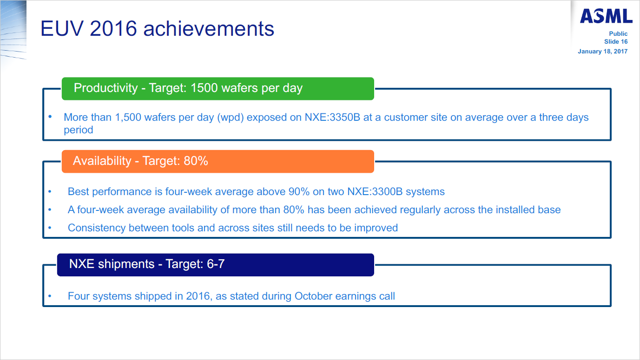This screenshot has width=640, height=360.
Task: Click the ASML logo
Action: [606, 16]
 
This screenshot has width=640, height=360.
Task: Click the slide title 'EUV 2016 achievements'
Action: [157, 28]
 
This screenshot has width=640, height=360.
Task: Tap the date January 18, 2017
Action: [602, 52]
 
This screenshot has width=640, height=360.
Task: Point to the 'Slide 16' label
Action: [616, 42]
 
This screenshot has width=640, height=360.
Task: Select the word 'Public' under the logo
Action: [618, 34]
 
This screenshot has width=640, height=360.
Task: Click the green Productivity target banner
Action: [218, 89]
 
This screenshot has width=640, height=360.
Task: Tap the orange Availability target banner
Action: [218, 161]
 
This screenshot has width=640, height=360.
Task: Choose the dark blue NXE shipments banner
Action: [216, 265]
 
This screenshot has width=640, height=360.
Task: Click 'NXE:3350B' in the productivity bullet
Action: [332, 118]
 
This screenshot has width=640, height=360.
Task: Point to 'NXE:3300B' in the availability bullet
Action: [375, 191]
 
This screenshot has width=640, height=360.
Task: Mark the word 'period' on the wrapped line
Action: [78, 130]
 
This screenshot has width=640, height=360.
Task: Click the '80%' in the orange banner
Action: [196, 161]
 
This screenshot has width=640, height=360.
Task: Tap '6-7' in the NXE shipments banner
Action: [216, 264]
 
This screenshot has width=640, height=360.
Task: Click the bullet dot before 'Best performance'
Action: [50, 191]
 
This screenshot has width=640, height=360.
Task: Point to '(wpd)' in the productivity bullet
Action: [231, 118]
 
